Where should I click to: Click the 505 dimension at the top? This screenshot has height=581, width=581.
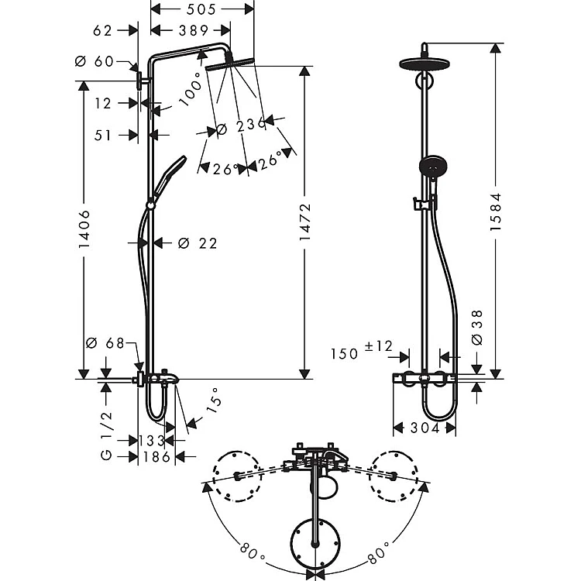201,9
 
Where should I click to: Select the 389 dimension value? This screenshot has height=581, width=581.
194,30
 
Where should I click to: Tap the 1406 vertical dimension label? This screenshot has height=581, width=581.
84,229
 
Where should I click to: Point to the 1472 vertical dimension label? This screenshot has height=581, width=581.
305,222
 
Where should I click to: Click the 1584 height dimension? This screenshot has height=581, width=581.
496,212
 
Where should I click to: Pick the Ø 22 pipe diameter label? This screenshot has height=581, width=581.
198,243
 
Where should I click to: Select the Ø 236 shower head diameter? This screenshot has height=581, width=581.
240,126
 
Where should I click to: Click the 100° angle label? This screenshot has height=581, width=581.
191,89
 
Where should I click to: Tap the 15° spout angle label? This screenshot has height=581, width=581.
214,401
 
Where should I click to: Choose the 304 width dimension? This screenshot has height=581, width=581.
425,428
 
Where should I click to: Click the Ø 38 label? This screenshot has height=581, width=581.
478,328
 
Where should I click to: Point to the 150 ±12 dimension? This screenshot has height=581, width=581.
361,350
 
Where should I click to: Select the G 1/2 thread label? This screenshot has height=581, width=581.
106,435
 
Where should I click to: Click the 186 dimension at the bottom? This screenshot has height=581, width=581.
156,457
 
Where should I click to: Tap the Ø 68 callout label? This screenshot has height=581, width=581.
105,343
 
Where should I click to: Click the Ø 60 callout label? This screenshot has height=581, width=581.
94,61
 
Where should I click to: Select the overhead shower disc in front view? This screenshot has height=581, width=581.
425,64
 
